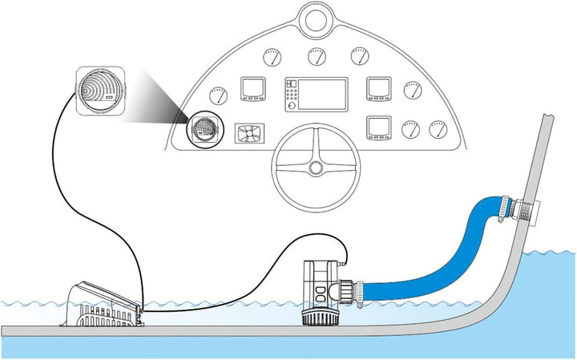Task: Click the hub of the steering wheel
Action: point(315,168)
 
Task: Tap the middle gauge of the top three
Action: point(315,57)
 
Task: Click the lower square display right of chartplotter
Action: point(377,128)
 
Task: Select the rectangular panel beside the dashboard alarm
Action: point(249,133)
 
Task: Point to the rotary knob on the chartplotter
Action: point(292,105)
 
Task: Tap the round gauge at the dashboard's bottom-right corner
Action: point(437,129)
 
